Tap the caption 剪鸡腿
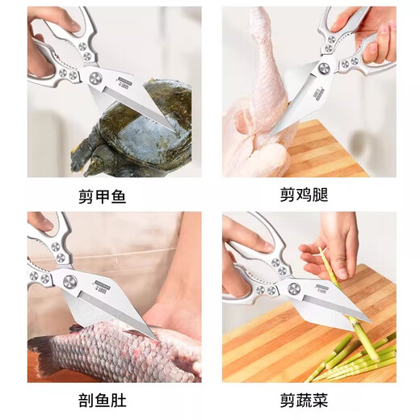click(x=309, y=195)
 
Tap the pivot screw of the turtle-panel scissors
click(x=96, y=78)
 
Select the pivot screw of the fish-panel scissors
click(x=70, y=282)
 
